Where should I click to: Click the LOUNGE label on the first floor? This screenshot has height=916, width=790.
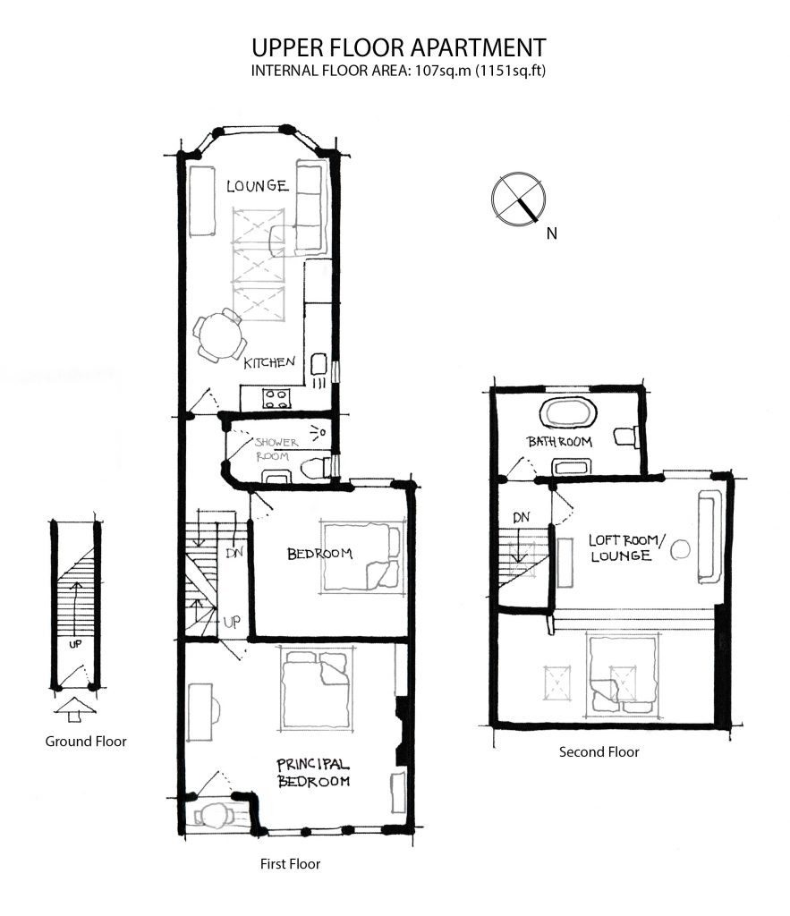click(x=258, y=186)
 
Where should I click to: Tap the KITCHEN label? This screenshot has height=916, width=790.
click(x=269, y=362)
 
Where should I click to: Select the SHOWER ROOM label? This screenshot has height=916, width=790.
click(x=276, y=449)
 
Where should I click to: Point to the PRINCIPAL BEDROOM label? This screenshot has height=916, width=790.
click(x=313, y=773)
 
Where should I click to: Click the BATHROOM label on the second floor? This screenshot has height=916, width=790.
click(x=560, y=442)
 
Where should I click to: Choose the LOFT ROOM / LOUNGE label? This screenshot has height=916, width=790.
click(x=625, y=548)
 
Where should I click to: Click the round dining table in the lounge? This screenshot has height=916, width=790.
click(x=220, y=336)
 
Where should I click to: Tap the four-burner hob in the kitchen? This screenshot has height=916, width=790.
click(x=276, y=398)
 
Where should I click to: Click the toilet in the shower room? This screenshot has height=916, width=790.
click(x=314, y=469)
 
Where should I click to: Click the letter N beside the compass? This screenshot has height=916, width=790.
click(x=552, y=233)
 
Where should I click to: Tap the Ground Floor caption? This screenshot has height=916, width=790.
click(x=86, y=742)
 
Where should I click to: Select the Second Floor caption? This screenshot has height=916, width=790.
click(x=599, y=751)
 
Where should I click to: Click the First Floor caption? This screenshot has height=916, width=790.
click(x=291, y=864)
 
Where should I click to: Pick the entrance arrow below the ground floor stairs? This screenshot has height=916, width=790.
click(x=75, y=709)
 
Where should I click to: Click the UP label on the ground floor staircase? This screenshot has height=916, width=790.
click(x=75, y=644)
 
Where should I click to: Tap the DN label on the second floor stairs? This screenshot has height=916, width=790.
click(x=522, y=517)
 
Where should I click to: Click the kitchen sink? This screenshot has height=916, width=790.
click(x=319, y=364)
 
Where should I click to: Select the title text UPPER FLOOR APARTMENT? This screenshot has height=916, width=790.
click(x=398, y=47)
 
